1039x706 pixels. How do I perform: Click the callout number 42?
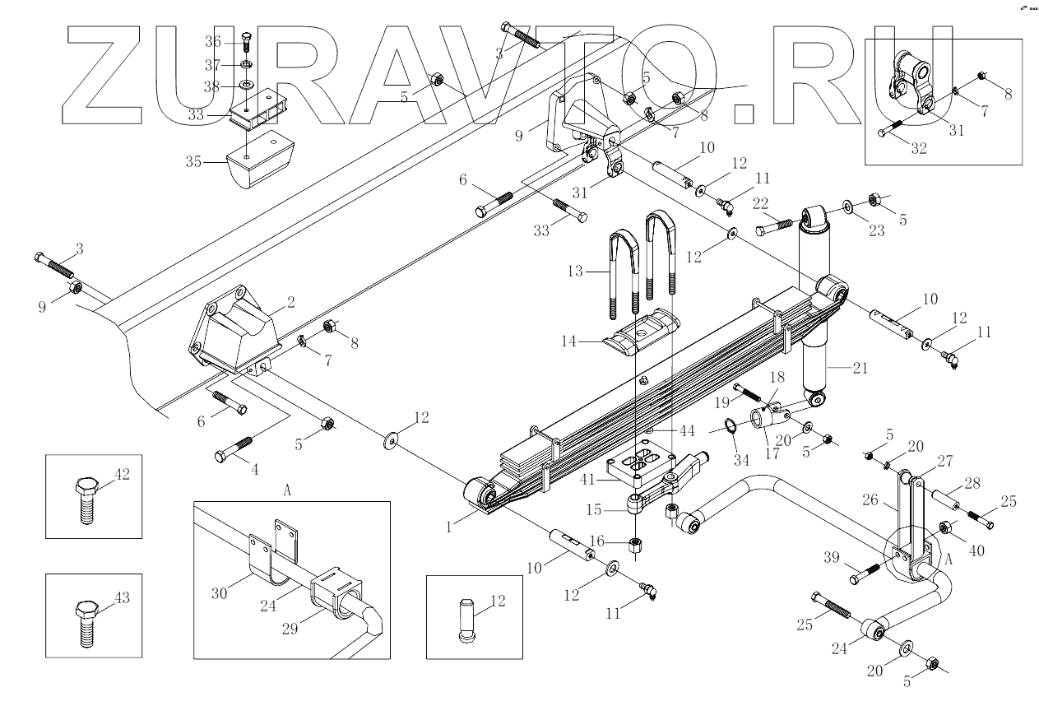122,474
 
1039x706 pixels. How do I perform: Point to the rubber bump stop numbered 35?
261,163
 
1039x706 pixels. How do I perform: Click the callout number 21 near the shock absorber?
859,368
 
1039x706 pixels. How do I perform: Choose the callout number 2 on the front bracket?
290,301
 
